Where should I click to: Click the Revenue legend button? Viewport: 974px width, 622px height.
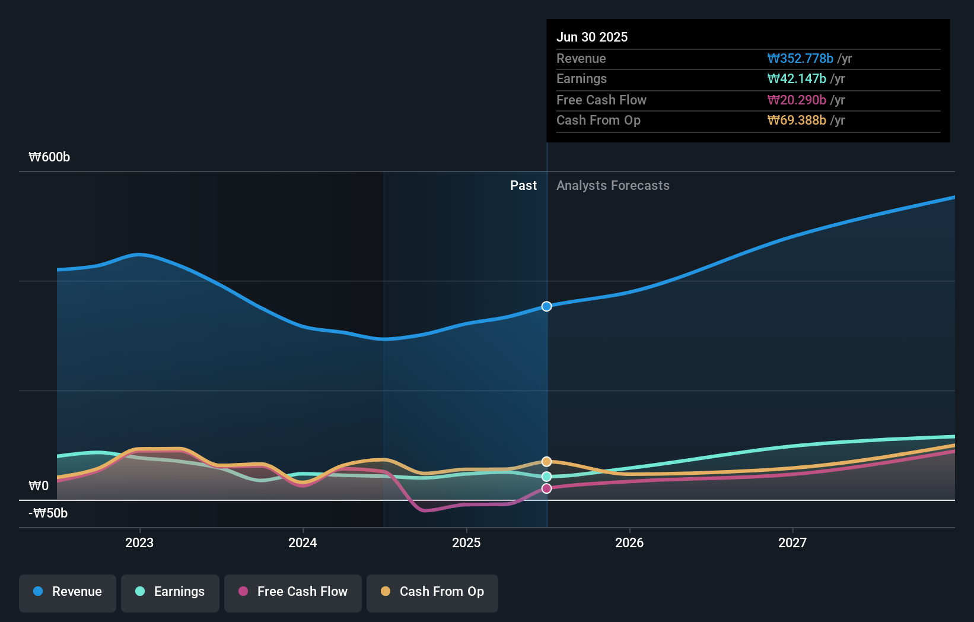coord(68,592)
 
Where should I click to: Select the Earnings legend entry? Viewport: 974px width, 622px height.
coord(170,592)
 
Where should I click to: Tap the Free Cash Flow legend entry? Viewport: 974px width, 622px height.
coord(293,592)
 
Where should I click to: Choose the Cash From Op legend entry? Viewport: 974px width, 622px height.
coord(432,592)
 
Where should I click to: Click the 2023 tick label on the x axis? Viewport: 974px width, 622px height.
coord(139,542)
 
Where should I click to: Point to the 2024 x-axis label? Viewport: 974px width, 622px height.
coord(303,542)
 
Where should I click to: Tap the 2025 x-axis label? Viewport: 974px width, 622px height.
coord(466,542)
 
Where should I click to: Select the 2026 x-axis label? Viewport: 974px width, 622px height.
coord(629,542)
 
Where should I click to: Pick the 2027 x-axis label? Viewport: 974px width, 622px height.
coord(792,542)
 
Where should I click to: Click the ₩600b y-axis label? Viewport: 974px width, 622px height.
coord(49,157)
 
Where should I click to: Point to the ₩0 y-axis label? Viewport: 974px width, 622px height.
coord(39,486)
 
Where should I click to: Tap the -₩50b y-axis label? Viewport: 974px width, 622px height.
coord(48,513)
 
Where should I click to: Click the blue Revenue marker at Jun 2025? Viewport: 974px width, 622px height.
coord(546,306)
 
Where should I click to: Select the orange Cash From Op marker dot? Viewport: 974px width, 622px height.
coord(546,462)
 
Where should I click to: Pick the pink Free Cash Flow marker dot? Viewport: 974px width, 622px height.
coord(546,488)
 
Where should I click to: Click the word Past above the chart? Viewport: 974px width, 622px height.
coord(523,186)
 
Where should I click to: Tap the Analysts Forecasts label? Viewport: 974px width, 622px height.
coord(613,186)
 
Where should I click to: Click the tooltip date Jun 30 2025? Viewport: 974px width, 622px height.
coord(592,37)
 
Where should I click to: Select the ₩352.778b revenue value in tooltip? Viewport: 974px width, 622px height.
coord(800,59)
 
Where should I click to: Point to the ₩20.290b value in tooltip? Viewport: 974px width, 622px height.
coord(797,100)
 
